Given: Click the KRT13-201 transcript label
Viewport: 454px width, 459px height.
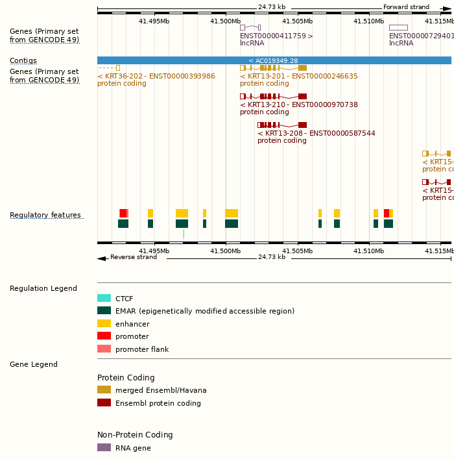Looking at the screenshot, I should [x=299, y=76].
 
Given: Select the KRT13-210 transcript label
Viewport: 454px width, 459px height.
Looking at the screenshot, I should [x=299, y=105].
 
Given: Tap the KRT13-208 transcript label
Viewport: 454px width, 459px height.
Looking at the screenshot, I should [x=317, y=133].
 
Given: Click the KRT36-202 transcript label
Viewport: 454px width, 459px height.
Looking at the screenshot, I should [x=156, y=76].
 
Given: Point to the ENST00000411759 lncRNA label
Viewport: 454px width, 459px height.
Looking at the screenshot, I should [x=276, y=36].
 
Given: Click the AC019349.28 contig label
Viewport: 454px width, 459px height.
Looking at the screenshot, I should [x=273, y=60].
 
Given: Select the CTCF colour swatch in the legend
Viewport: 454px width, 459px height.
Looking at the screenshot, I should [x=104, y=299].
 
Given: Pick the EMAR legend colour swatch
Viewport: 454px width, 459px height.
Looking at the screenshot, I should [x=104, y=311].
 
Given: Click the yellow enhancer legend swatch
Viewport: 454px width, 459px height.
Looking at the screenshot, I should [x=104, y=323].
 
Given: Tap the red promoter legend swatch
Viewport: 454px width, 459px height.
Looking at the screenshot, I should [x=104, y=336].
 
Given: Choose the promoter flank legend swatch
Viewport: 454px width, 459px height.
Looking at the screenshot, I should [x=104, y=349].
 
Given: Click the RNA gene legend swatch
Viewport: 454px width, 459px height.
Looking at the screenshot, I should [x=104, y=447].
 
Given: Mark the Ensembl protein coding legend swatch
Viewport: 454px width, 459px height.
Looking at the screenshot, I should [x=104, y=403].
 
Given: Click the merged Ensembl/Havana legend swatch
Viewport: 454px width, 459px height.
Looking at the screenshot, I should [x=104, y=390].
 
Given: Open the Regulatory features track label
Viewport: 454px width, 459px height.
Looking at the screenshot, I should [x=45, y=215].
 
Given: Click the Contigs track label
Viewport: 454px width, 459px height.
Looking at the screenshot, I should [x=23, y=60].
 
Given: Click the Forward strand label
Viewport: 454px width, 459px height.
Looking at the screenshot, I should [x=406, y=7].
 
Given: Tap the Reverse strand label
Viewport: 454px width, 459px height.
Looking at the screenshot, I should [x=134, y=257].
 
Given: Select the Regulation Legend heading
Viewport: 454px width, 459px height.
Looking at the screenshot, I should [x=43, y=288].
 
